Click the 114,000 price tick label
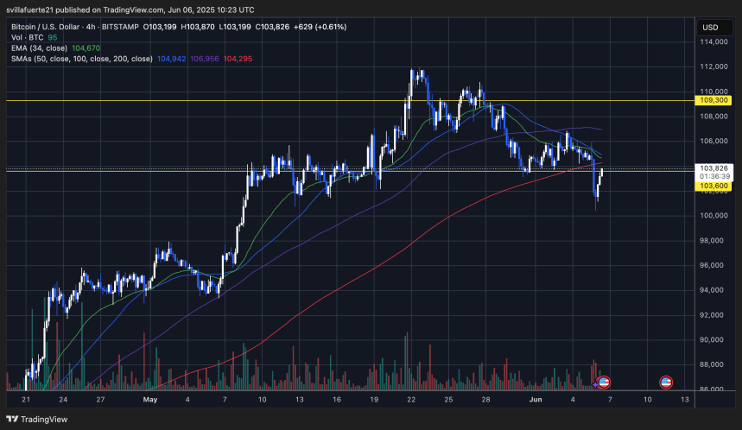click(712, 41)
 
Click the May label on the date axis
click(151, 400)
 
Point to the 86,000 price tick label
click(712, 389)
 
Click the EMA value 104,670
click(87, 48)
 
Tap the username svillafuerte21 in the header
click(38, 9)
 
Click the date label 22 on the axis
click(411, 400)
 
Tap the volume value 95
click(52, 37)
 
